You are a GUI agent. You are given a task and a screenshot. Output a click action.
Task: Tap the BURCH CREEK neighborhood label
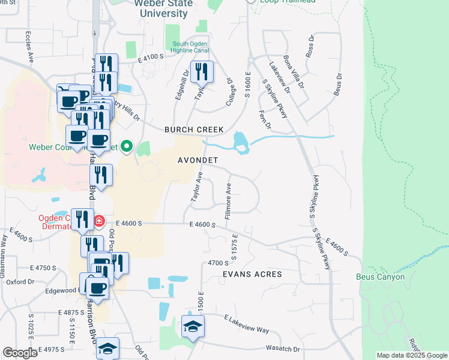click(x=194, y=130)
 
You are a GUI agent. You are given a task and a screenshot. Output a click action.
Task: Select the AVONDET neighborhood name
click(x=197, y=160)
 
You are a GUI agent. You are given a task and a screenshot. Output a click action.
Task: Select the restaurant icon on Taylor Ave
click(x=201, y=73)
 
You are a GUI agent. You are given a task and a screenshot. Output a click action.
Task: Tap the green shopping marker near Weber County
click(x=127, y=146)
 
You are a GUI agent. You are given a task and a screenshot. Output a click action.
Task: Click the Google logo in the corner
click(x=20, y=353)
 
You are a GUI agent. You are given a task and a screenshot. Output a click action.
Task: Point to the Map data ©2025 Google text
click(x=411, y=355)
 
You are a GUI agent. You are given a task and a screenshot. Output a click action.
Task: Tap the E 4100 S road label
click(x=150, y=58)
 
